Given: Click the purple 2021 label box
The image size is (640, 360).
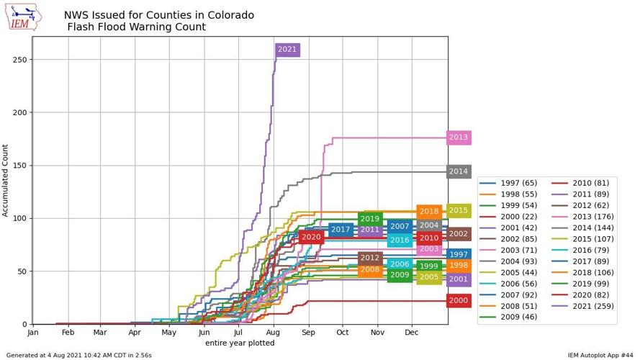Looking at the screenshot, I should pos(287,50).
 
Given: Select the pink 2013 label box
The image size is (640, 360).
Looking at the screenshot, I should pos(459,138).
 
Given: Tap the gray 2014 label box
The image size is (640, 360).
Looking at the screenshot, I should pos(459,171).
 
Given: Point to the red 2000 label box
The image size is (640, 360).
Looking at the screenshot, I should pos(459,301).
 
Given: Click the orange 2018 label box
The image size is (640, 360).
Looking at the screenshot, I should pos(429,212).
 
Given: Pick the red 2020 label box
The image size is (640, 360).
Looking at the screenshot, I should pos(311,237).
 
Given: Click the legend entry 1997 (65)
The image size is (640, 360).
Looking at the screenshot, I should pos(518,183).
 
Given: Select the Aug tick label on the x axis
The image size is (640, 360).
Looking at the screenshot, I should pos(273,333).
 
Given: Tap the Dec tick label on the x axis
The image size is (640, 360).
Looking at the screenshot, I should pos(412,333).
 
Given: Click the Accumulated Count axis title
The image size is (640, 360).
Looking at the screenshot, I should pos(6,181).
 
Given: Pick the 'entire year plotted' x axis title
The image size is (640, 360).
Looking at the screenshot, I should pos(240,343).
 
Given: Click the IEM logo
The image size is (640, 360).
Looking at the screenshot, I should pos(23,17).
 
